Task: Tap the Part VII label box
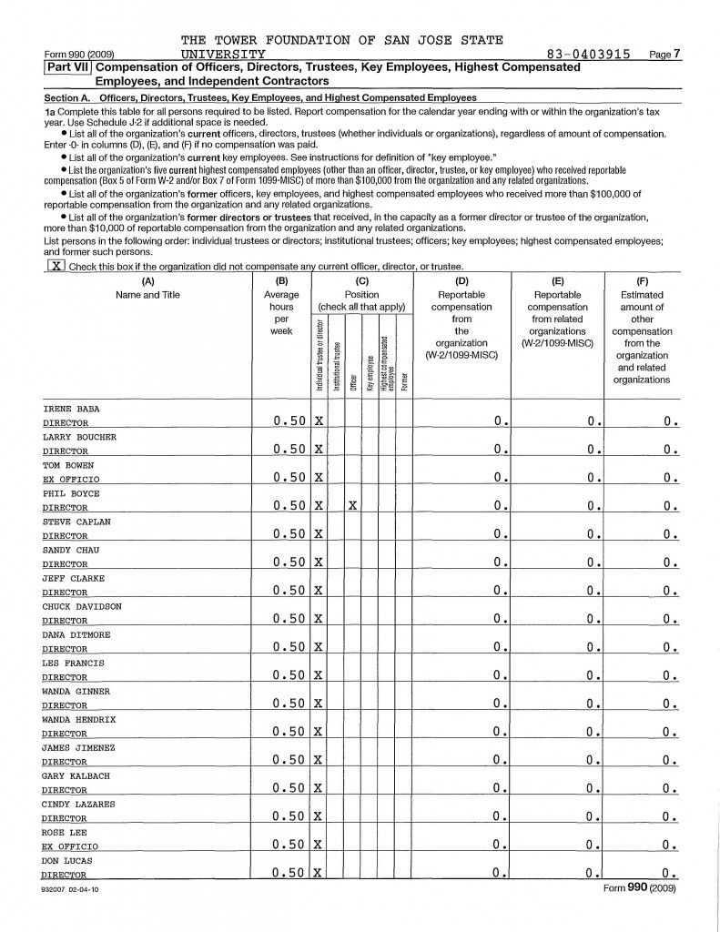68,67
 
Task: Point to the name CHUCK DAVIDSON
82,606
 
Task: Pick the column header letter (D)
461,282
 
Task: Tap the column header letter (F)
642,282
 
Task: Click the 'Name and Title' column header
147,295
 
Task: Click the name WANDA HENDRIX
79,719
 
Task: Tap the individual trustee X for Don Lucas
319,874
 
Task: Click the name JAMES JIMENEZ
78,747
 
